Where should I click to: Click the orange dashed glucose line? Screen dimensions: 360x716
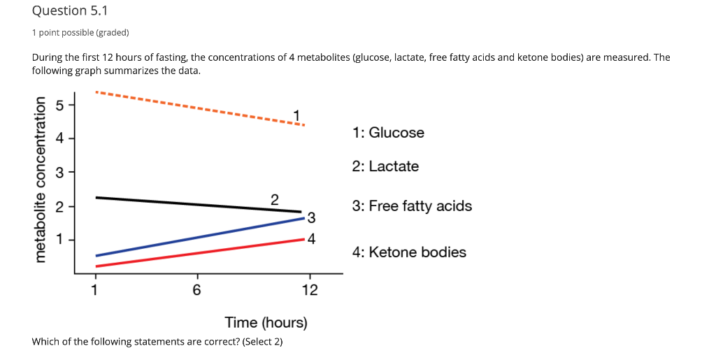click(x=196, y=108)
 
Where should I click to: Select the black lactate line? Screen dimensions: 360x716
click(x=196, y=204)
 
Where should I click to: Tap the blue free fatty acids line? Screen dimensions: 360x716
click(x=196, y=238)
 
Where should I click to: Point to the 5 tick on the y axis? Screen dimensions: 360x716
click(x=60, y=105)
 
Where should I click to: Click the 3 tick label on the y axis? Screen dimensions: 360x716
click(x=60, y=173)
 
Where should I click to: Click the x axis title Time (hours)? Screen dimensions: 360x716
click(x=266, y=323)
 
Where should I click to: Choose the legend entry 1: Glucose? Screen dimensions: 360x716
click(x=388, y=133)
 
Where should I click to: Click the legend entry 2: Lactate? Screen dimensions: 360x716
click(x=385, y=166)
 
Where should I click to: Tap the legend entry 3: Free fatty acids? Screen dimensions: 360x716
click(x=412, y=206)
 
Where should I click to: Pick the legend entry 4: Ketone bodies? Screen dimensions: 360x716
click(x=409, y=252)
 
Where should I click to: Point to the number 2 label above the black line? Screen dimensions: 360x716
click(x=274, y=199)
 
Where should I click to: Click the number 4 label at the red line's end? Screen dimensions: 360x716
click(x=311, y=239)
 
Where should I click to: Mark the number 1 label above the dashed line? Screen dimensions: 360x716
click(x=297, y=115)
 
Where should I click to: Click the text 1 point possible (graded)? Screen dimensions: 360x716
click(x=80, y=33)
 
